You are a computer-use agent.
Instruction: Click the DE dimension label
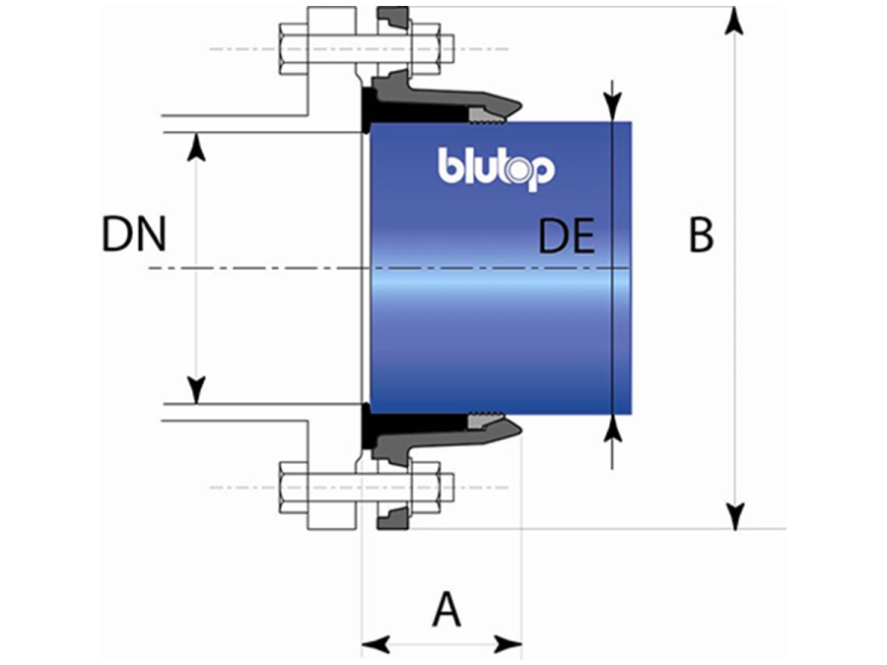567,237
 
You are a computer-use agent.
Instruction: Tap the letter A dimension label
446,611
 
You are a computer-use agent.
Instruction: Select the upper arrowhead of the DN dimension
196,146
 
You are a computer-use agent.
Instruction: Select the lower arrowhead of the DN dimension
196,390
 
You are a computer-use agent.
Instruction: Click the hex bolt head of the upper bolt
294,47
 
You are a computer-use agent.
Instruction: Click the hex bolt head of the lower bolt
294,487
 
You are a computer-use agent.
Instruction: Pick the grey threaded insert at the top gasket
487,117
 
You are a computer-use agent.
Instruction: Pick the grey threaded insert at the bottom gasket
487,418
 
